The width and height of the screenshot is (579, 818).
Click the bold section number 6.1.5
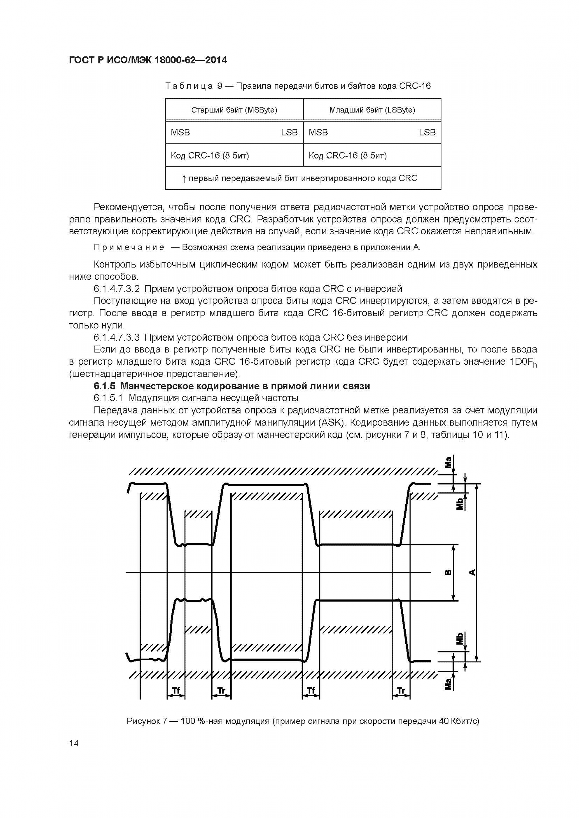tap(105, 386)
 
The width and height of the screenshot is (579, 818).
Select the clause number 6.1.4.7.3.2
tap(117, 289)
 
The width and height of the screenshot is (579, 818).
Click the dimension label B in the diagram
tap(449, 572)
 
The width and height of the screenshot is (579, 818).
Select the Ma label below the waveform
tap(449, 683)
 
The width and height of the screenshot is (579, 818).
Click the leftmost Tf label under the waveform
tap(176, 691)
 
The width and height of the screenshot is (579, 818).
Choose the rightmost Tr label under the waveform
tap(401, 691)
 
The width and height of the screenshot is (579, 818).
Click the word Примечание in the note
tap(129, 247)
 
